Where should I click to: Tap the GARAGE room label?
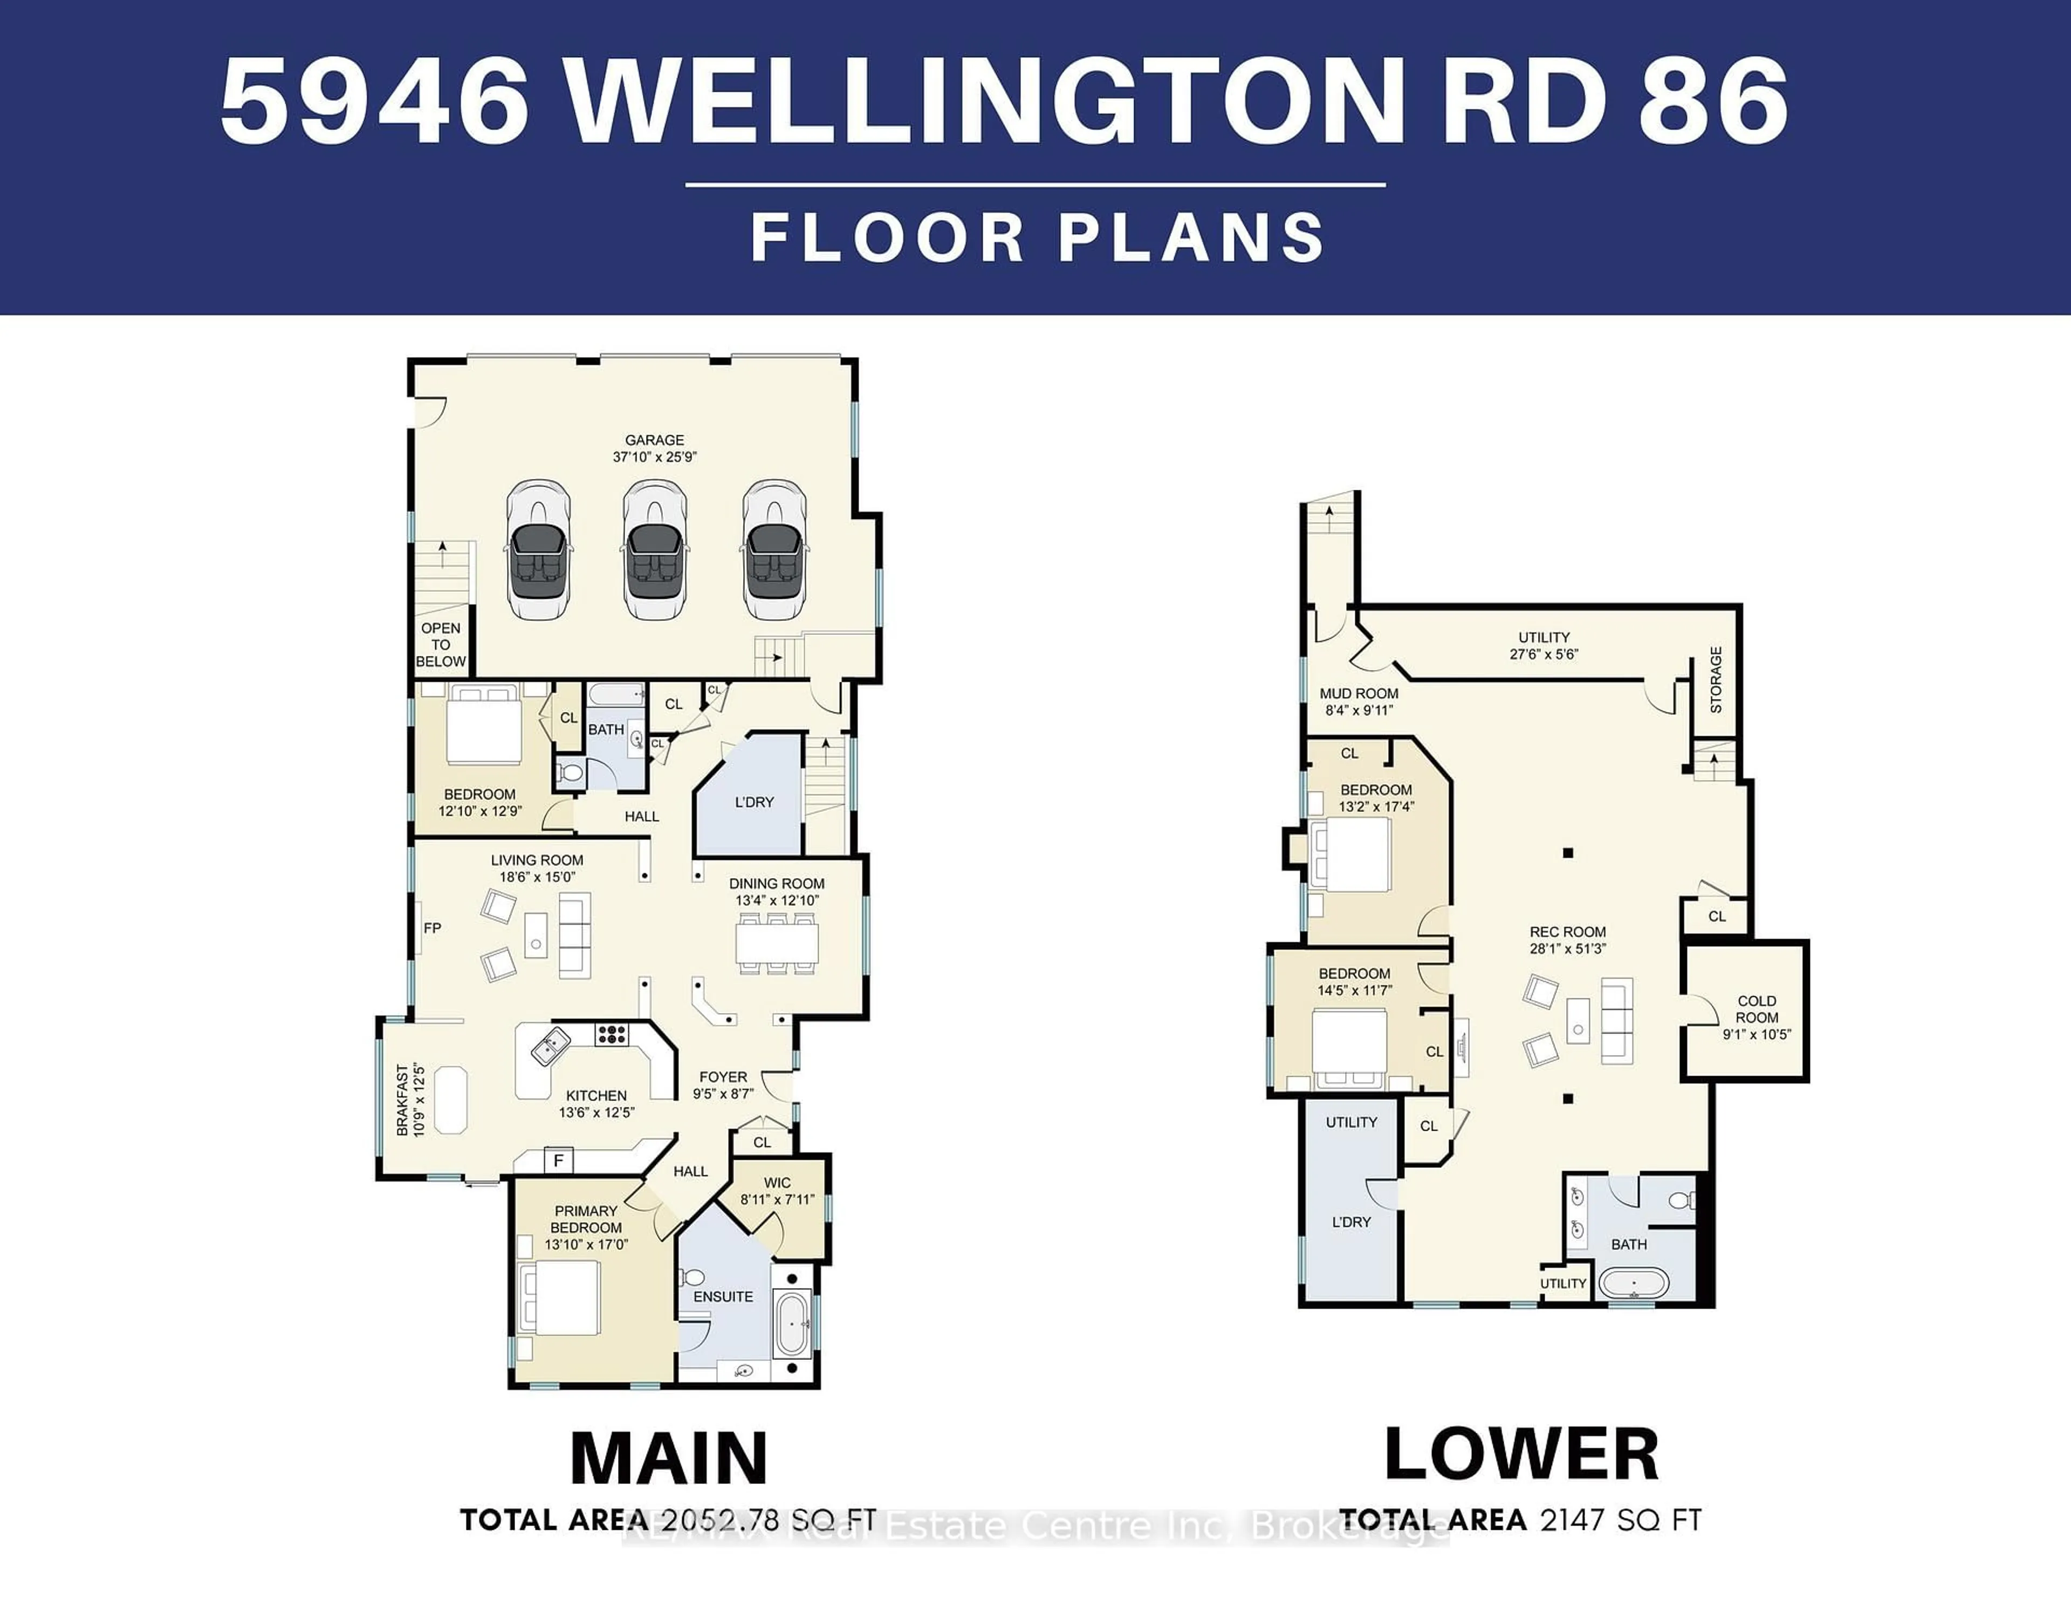[654, 448]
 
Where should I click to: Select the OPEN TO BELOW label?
[441, 645]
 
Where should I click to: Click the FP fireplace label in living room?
[433, 928]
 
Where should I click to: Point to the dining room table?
[777, 944]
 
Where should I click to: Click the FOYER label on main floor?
[724, 1085]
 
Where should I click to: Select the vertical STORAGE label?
[1716, 680]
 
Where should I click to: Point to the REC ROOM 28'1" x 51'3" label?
[1567, 940]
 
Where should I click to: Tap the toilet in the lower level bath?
[1681, 1201]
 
